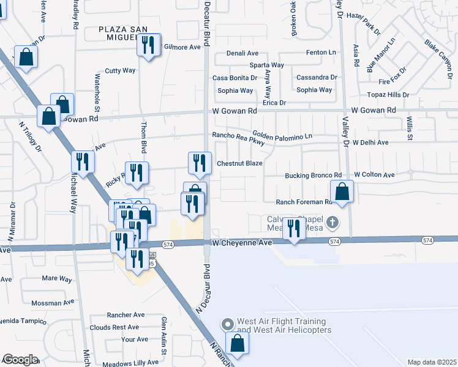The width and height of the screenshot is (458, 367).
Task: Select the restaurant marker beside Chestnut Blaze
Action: coord(199,163)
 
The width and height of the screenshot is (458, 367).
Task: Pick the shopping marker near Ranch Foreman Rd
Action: coord(342,191)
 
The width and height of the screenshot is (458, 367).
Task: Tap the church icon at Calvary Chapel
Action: coord(332,222)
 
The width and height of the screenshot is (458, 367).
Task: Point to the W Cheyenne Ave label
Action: coord(242,243)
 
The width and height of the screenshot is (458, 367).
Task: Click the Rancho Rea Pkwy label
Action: coord(238,135)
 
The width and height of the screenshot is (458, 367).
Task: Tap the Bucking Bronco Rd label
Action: coord(313,176)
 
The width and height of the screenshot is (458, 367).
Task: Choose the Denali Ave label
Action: coord(242,54)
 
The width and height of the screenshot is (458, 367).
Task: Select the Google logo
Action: coord(21,360)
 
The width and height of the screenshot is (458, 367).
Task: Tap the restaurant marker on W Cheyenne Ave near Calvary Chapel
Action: coord(294,229)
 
